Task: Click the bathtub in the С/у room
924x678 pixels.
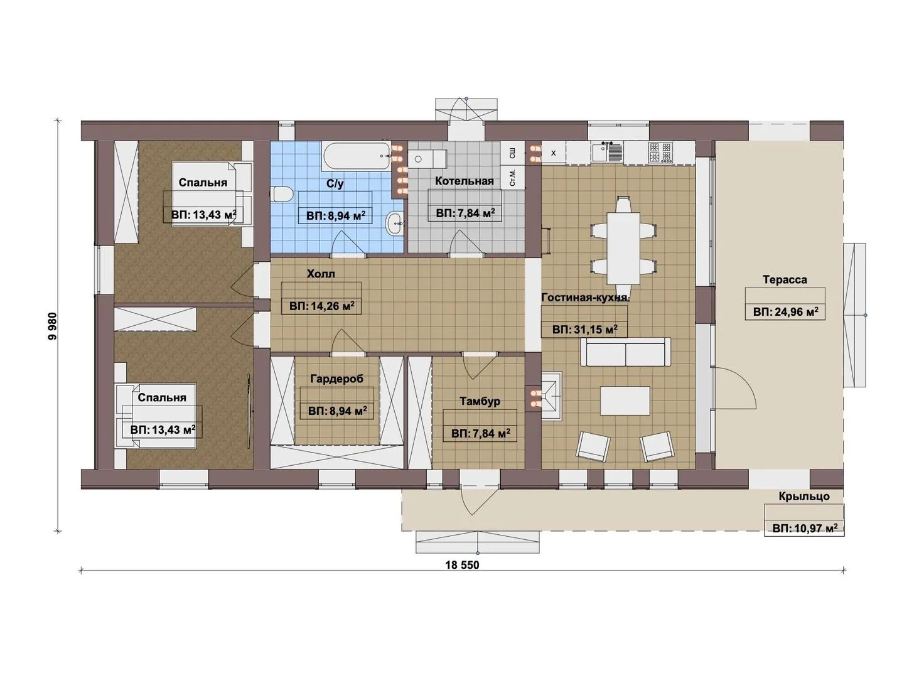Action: point(355,156)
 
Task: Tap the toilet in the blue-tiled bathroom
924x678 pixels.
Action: point(282,194)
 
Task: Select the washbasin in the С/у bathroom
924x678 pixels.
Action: point(395,223)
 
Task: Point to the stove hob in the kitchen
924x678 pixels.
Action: point(660,152)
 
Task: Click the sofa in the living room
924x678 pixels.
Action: point(625,352)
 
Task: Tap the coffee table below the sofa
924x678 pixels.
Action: point(625,401)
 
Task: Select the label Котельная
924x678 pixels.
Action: point(464,181)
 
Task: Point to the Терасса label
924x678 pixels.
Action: point(785,279)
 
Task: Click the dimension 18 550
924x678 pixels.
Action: point(462,565)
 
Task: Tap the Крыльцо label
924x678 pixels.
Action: point(804,496)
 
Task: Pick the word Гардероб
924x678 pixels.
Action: point(336,379)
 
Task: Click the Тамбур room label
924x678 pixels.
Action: point(480,401)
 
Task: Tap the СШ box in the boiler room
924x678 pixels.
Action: point(513,154)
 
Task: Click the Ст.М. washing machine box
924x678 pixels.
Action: point(513,178)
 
